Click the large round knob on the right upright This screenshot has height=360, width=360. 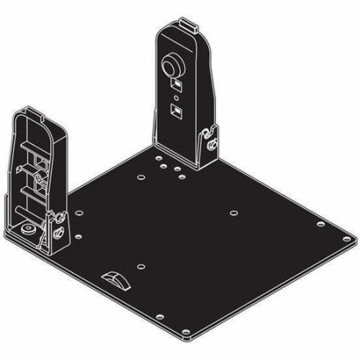173,64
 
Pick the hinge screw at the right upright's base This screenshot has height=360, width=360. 212,144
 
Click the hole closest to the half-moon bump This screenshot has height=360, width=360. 139,266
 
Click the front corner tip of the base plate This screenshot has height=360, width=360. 190,339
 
